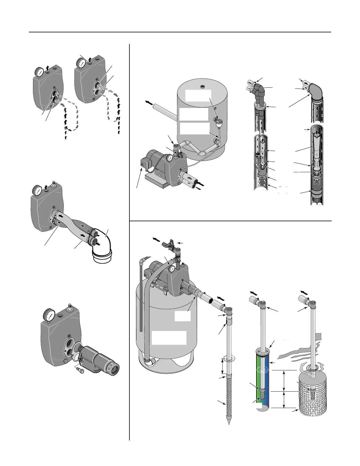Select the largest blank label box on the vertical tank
pyautogui.click(x=169, y=337)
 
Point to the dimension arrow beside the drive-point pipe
pyautogui.click(x=223, y=366)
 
